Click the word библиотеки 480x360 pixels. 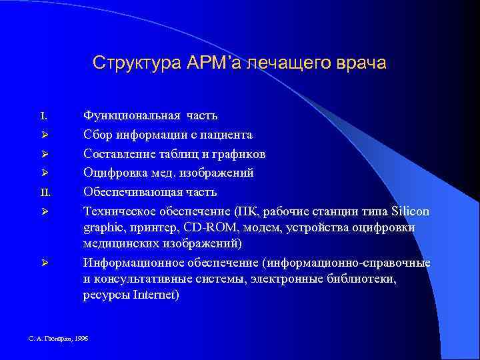point(361,279)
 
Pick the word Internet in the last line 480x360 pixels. point(154,295)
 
